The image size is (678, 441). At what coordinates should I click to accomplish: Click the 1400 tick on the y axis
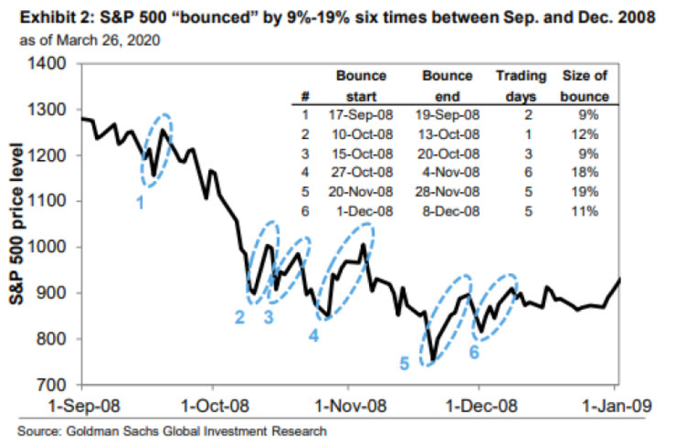pos(47,64)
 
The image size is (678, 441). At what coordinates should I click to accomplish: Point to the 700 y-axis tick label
pos(51,384)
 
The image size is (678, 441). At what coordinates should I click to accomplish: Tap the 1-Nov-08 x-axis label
pos(350,406)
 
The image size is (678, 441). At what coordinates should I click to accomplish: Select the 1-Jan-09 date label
pos(617,406)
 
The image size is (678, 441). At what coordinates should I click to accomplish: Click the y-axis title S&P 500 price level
pos(16,223)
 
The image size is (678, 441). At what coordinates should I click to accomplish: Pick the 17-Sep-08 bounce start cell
pos(360,115)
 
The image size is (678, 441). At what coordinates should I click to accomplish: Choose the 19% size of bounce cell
pos(585,191)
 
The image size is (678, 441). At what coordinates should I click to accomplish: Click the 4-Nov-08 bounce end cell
pos(451,172)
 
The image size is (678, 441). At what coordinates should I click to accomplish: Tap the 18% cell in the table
pos(585,172)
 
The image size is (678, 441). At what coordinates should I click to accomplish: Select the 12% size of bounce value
pos(585,134)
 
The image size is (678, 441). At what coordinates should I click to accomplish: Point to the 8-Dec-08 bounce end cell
pos(451,212)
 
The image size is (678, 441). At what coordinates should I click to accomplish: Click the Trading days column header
pos(521,86)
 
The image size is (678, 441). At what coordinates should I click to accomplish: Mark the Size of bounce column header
pos(584,86)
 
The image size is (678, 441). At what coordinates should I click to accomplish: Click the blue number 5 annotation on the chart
pos(404,364)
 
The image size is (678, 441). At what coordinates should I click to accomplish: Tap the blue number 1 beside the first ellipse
pos(140,202)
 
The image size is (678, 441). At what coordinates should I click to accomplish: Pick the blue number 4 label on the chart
pos(314,336)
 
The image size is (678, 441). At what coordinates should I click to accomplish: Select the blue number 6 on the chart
pos(474,352)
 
